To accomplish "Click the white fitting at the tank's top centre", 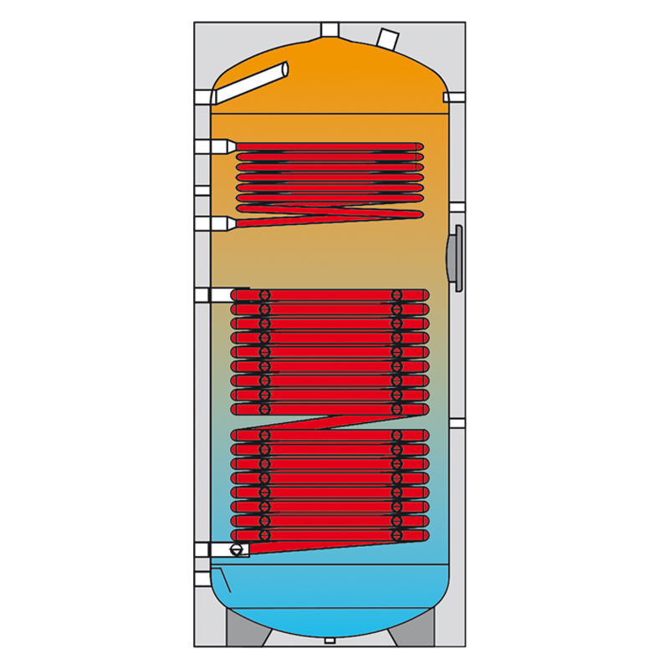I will [329, 29].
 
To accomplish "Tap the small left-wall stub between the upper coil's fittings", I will [202, 190].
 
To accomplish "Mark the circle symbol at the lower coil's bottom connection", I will [239, 549].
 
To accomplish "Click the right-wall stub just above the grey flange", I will [457, 207].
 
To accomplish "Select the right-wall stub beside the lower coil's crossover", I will [457, 421].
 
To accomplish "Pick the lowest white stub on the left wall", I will [202, 577].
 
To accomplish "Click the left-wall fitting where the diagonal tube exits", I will [213, 97].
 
